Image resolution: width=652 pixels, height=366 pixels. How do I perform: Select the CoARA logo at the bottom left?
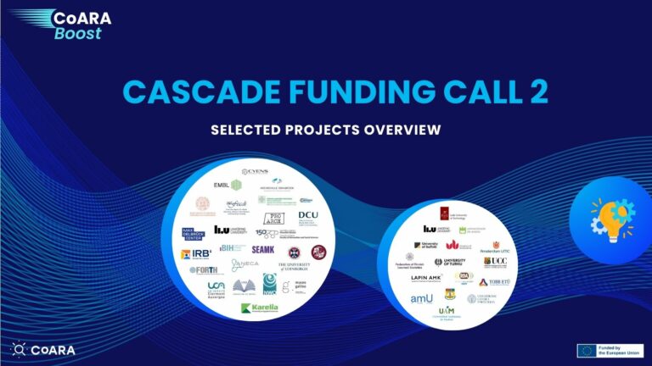coord(42,349)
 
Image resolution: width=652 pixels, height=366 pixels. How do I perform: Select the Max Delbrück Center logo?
coord(194,233)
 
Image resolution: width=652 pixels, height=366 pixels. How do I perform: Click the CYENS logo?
coord(256,172)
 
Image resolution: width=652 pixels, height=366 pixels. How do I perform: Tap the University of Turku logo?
coord(450,262)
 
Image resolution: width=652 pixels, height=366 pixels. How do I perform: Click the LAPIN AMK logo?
coord(428,278)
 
